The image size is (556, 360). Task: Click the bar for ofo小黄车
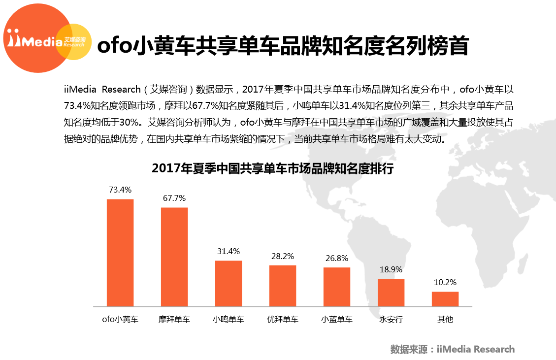click(120, 253)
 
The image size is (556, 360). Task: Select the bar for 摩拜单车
click(174, 257)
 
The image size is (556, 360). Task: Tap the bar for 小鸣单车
click(229, 283)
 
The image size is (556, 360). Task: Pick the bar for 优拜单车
click(283, 286)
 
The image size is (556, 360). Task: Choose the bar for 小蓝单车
click(337, 287)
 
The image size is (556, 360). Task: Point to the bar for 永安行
click(391, 293)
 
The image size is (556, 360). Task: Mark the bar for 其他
click(445, 299)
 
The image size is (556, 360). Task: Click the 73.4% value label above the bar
click(120, 190)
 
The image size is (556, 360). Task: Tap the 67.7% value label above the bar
click(174, 198)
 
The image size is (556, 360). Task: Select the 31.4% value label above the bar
click(229, 251)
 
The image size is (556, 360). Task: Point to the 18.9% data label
click(391, 269)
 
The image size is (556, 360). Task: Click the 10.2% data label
click(445, 282)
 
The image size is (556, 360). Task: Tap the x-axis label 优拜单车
click(283, 319)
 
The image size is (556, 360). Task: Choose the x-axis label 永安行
click(391, 319)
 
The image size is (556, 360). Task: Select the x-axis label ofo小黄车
click(120, 319)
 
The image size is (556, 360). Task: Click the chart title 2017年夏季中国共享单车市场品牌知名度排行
click(273, 168)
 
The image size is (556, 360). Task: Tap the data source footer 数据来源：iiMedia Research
click(452, 349)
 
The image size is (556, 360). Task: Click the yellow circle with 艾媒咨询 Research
click(76, 42)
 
